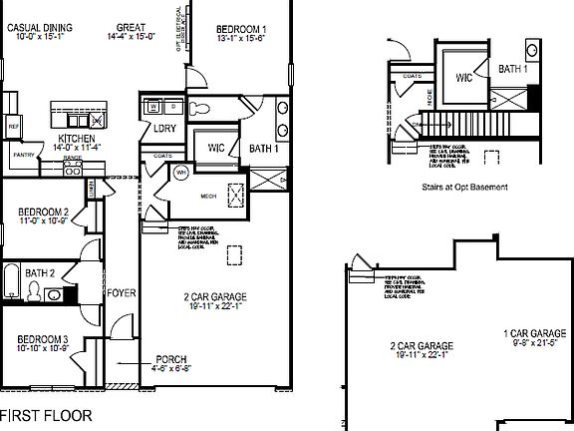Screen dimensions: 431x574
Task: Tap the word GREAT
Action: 132,28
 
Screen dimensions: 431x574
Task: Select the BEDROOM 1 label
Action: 242,28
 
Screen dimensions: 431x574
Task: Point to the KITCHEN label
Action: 76,138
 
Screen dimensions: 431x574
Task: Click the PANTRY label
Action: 23,156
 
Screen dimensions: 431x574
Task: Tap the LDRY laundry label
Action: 165,129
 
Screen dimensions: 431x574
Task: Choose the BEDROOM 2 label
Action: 43,212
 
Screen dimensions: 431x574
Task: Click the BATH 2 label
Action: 40,272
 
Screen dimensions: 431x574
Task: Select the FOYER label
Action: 121,294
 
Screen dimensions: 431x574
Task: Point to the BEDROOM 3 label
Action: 42,338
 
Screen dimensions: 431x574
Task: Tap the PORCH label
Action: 171,359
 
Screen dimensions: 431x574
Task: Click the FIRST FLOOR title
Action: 46,414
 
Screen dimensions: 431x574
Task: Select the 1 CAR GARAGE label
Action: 534,332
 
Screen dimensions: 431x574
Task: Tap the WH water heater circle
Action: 181,173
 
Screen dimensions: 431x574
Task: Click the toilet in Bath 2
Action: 34,291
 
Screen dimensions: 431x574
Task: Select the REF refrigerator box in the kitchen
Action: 14,127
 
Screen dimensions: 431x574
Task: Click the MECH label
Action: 209,197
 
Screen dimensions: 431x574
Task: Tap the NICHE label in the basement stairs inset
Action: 429,97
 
